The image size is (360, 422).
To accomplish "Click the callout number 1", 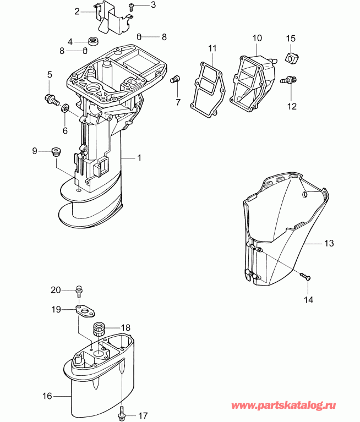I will [x=139, y=157].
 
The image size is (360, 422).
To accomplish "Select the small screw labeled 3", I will [x=132, y=7].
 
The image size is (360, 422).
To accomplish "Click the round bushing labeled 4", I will [x=92, y=41].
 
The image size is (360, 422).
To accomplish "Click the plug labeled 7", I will [x=177, y=79].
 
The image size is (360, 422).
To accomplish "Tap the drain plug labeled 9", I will [x=55, y=151].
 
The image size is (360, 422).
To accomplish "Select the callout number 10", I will [x=257, y=38].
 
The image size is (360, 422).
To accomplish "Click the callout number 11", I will [x=212, y=49].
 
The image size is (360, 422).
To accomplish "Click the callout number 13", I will [x=329, y=243].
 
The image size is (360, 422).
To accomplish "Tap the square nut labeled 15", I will [x=291, y=57].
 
